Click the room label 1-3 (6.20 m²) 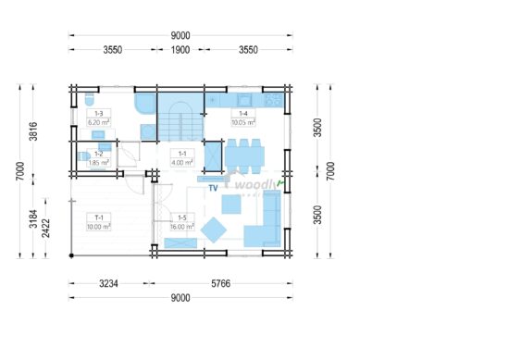(x=96, y=118)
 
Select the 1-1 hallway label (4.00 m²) (x=181, y=158)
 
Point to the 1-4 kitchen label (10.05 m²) (x=242, y=118)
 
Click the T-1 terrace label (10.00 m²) (x=98, y=221)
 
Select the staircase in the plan (x=181, y=117)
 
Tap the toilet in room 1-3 (x=88, y=98)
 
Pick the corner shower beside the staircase (x=144, y=103)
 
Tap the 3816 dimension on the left (x=34, y=131)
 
